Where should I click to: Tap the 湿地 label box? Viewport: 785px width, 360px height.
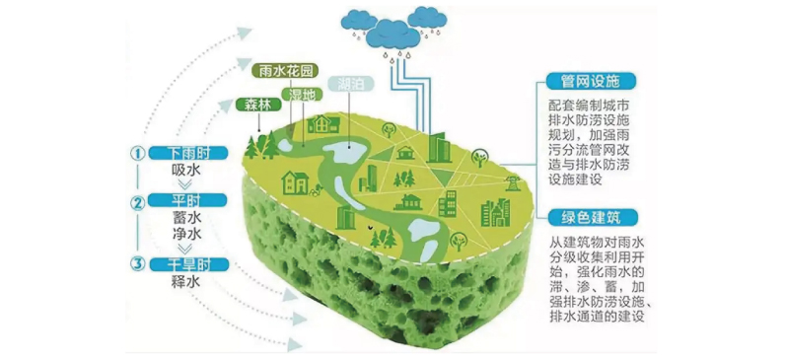300,95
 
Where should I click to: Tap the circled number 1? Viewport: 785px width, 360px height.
139,154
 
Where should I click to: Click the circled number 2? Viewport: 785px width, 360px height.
139,204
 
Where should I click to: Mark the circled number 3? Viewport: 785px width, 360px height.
139,262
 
